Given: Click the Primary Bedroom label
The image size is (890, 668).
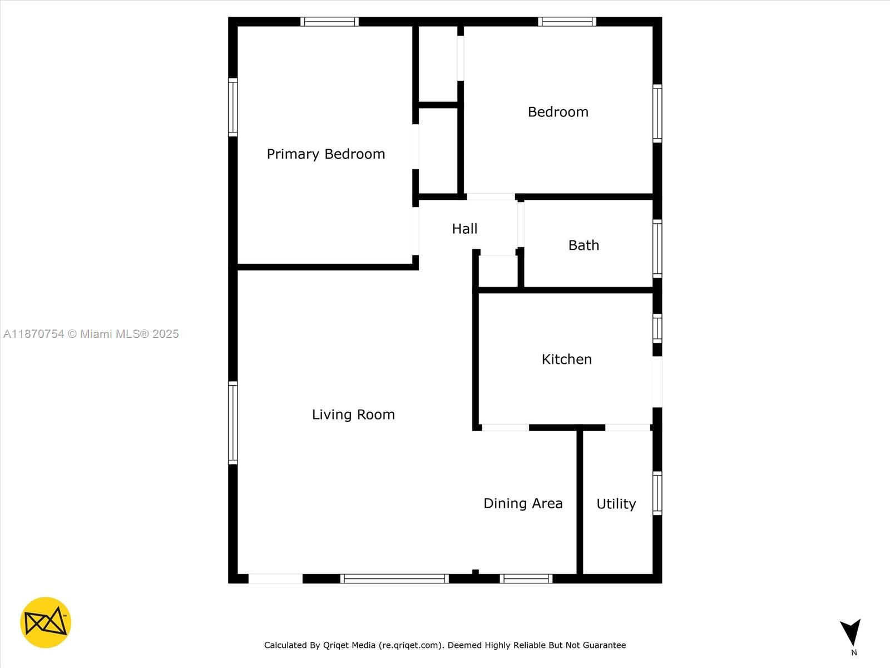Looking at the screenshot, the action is click(325, 154).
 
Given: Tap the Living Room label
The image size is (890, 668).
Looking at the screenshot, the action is click(353, 415).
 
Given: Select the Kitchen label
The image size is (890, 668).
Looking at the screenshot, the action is click(566, 359).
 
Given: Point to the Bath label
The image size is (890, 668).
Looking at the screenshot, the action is click(584, 245).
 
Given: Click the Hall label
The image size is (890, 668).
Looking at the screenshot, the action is click(464, 229).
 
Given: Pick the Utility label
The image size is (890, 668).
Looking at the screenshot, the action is click(616, 504).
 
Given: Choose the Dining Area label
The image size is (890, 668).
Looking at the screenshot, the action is click(523, 503).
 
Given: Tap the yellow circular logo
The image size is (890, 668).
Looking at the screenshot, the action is click(46, 622).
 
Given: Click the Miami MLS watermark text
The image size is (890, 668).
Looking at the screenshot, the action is click(91, 334).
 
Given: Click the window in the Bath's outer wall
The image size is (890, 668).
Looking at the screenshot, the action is click(657, 249).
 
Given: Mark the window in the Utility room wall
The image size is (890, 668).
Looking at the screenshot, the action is click(657, 493).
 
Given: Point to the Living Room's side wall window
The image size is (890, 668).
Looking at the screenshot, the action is click(233, 423).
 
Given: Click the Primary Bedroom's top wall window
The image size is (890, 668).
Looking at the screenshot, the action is click(329, 22).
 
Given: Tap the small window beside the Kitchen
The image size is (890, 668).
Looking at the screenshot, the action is click(657, 328).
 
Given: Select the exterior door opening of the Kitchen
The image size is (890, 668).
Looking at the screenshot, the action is click(657, 382).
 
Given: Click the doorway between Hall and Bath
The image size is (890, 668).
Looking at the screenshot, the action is click(521, 224).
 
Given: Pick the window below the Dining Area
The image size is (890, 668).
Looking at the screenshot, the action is click(526, 579).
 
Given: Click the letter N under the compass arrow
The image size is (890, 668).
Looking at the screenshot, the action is click(854, 652).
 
